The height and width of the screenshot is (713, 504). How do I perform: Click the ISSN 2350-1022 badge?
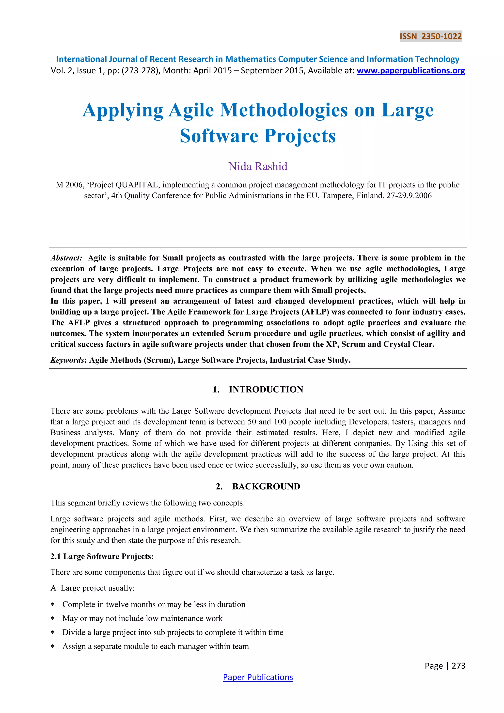[x=430, y=36]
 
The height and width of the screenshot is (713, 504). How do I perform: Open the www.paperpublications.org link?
[x=410, y=71]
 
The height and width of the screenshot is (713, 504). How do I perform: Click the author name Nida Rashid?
[x=258, y=166]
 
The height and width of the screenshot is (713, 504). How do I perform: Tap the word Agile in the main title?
[x=191, y=110]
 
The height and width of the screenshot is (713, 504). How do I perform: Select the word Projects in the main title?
[x=300, y=136]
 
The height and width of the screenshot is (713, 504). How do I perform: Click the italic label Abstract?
[x=66, y=258]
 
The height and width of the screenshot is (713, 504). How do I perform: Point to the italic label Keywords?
[x=67, y=360]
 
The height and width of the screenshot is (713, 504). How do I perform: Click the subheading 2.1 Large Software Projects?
[x=102, y=556]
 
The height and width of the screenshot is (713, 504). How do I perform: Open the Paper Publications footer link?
[x=258, y=677]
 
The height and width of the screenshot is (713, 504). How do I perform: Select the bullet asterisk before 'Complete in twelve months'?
[x=53, y=605]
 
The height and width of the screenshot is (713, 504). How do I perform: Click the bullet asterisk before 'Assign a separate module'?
[x=53, y=647]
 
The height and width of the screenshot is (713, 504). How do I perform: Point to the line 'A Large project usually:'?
[x=93, y=588]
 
